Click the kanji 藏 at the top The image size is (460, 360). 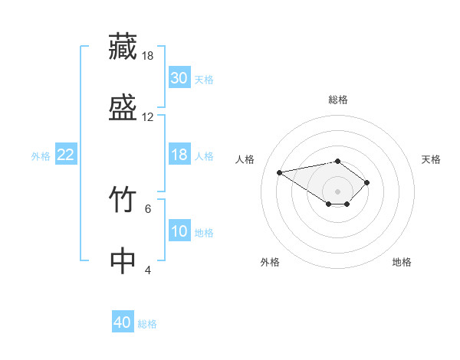click(123, 47)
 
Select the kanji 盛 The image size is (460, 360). click(123, 107)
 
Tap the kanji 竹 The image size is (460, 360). click(123, 199)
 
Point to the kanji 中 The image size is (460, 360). click(123, 260)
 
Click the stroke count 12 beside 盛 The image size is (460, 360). click(147, 117)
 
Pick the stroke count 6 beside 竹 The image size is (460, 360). click(148, 209)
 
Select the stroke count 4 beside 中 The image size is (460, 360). click(148, 270)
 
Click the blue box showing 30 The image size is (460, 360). click(179, 77)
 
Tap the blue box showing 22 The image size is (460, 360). click(66, 154)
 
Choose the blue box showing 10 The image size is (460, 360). click(179, 230)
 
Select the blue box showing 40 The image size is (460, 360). click(123, 321)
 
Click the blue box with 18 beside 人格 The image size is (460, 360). click(179, 154)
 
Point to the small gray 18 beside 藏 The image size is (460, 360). click(147, 56)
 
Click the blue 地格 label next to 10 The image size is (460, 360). click(204, 233)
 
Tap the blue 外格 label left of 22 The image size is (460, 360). click(41, 156)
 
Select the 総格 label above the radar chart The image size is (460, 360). click(338, 100)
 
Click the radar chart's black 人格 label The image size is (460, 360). click(245, 159)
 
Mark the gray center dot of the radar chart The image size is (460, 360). click(337, 191)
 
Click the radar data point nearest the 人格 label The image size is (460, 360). click(279, 172)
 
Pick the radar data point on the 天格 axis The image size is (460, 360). click(366, 182)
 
